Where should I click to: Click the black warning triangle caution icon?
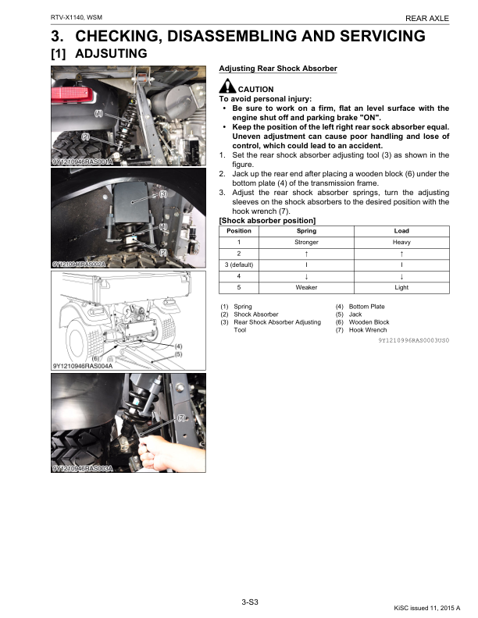[x=227, y=88]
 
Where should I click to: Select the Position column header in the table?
[x=238, y=231]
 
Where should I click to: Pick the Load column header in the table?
[x=401, y=231]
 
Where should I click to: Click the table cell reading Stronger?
[x=307, y=243]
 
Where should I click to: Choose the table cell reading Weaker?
[x=307, y=287]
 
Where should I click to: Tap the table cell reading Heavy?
[x=401, y=243]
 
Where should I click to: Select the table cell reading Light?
[x=401, y=287]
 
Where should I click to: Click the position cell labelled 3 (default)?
[x=238, y=265]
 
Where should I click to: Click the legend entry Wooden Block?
[x=368, y=322]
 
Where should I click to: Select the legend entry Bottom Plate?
[x=366, y=307]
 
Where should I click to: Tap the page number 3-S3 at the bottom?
[x=250, y=601]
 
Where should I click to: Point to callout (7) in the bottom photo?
[x=181, y=418]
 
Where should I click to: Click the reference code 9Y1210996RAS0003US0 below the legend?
[x=413, y=341]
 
